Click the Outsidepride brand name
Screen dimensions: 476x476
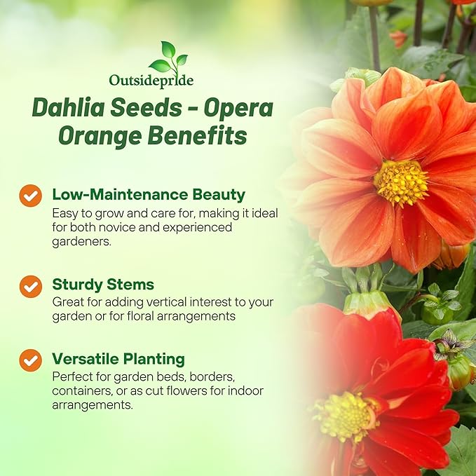152,81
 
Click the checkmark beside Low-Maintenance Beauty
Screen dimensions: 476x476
30,196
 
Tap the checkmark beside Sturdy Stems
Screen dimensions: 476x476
30,286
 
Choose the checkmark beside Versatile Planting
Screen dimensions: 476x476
30,360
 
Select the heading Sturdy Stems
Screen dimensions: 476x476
103,285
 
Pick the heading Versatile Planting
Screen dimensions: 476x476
118,359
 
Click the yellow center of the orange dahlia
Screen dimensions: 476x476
400,182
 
